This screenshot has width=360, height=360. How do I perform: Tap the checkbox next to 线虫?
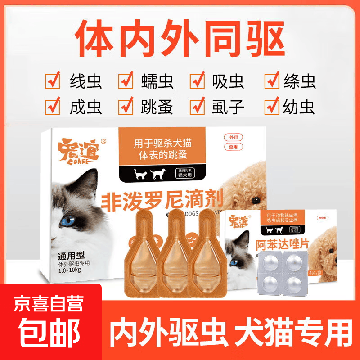click(53, 81)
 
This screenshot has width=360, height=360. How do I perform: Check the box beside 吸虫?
click(198, 81)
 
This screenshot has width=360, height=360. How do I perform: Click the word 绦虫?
click(300, 81)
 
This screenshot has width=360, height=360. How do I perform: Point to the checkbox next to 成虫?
click(53, 107)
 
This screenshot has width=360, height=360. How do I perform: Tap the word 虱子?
click(228, 107)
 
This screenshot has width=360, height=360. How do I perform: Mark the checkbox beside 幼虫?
click(272, 107)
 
